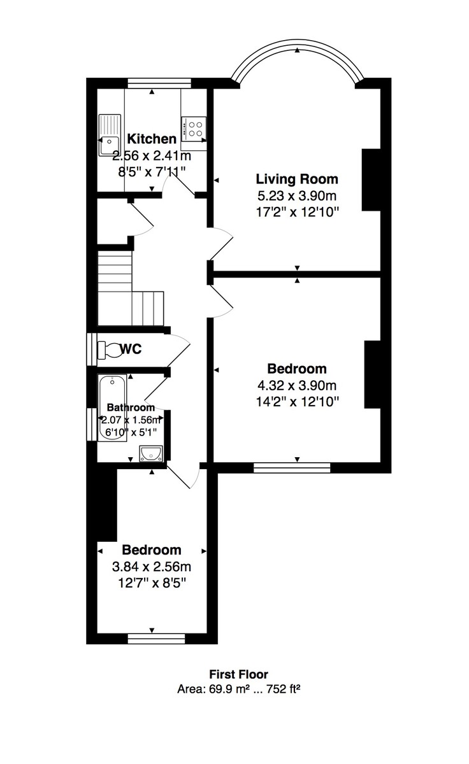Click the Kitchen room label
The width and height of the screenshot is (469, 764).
(x=152, y=139)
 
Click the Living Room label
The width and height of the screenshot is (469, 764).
(x=297, y=179)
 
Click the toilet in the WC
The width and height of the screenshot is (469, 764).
(x=108, y=350)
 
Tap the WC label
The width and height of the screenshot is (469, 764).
(x=131, y=349)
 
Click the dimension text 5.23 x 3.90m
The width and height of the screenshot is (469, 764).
(x=297, y=195)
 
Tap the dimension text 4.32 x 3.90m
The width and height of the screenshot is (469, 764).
(x=297, y=385)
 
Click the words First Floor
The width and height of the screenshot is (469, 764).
(x=239, y=674)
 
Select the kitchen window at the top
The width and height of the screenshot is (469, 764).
(x=159, y=82)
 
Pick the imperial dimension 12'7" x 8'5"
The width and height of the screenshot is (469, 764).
(x=152, y=582)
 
